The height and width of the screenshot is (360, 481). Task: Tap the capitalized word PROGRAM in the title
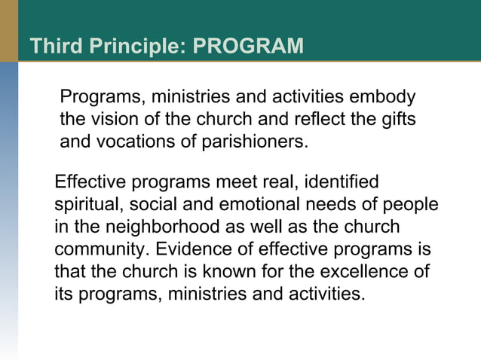click(x=249, y=47)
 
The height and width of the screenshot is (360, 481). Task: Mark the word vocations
click(x=133, y=142)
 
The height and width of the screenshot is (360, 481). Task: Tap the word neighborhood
click(x=155, y=227)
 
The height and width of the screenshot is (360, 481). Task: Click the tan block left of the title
click(x=8, y=31)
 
